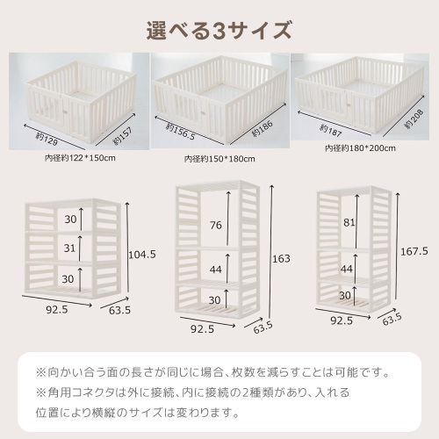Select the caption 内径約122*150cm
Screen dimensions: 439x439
point(80,157)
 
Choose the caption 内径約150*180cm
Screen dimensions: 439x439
point(219,159)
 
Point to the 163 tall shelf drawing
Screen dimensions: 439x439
point(219,250)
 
